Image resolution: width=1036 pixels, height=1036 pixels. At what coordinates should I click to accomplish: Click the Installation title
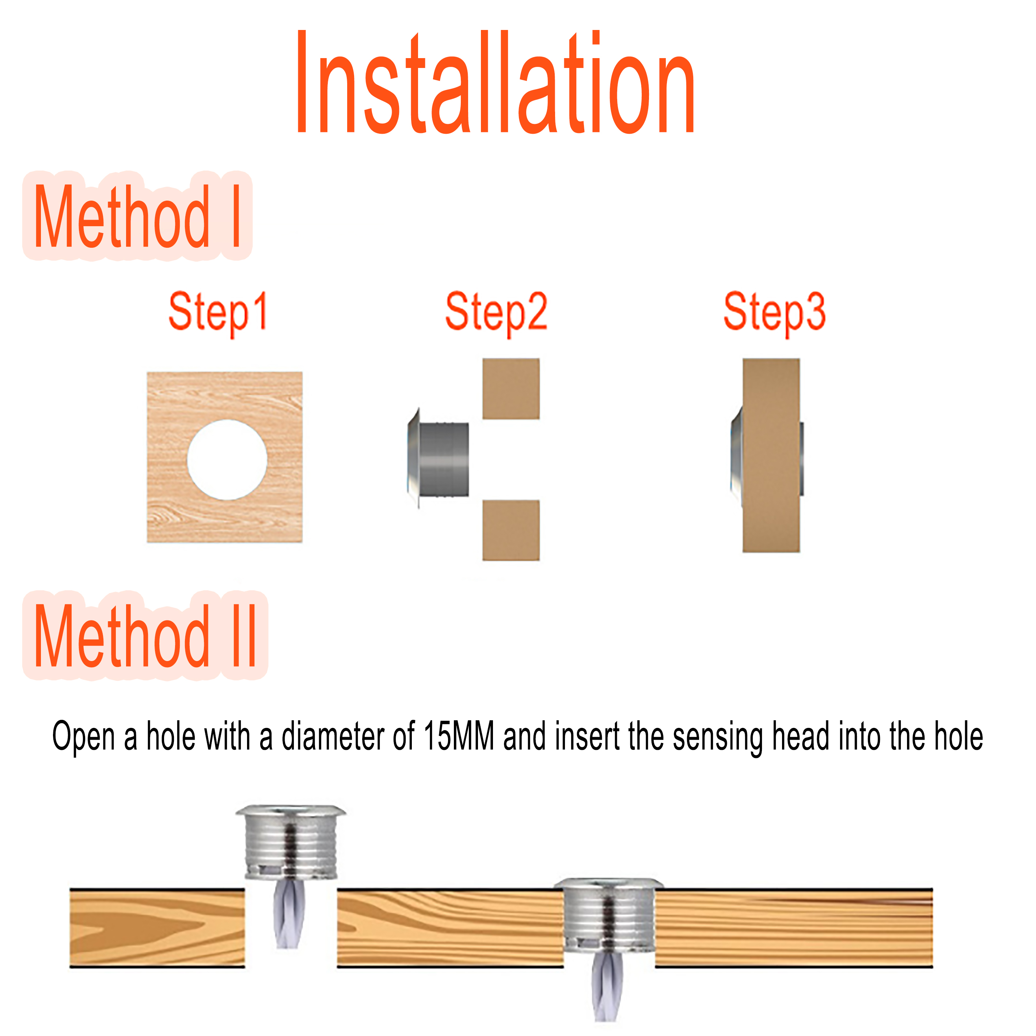[496, 83]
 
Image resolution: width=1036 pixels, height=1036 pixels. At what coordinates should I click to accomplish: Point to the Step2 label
[496, 312]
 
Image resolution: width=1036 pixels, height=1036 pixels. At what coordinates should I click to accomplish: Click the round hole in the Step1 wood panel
[227, 460]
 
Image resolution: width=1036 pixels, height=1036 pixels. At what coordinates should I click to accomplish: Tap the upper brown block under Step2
[511, 389]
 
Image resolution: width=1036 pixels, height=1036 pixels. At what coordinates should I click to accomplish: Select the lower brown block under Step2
[511, 530]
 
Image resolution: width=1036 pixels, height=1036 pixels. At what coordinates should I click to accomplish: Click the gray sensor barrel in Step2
[444, 460]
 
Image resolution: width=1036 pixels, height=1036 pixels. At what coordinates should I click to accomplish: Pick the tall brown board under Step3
[771, 456]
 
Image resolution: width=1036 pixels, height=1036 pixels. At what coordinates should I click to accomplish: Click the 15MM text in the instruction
[459, 737]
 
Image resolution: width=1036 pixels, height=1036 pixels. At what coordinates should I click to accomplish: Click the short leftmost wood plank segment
[157, 928]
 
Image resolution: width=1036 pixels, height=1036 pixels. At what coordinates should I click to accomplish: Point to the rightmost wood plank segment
[794, 928]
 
